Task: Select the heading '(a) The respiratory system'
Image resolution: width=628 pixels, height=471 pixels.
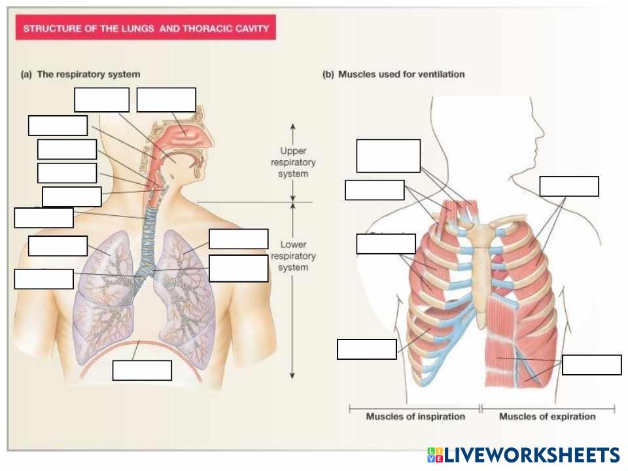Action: (x=80, y=75)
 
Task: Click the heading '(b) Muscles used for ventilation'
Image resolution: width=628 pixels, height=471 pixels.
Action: (x=394, y=75)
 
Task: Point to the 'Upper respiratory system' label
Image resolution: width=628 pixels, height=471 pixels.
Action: (x=292, y=162)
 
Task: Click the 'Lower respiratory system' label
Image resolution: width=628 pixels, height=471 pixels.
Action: (x=292, y=256)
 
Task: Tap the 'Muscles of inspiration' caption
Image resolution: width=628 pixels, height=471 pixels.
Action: (x=415, y=416)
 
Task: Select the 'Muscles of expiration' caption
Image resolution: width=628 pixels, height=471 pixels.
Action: (x=547, y=416)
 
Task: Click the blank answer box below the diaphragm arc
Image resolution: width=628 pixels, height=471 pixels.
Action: (x=142, y=370)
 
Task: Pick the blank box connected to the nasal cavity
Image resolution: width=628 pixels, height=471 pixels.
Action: (x=166, y=99)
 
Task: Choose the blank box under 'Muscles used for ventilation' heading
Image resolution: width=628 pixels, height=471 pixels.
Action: (x=388, y=156)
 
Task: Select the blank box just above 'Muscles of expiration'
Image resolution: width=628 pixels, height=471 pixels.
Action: (x=591, y=365)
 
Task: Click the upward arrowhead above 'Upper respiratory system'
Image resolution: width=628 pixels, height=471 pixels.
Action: (x=292, y=125)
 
